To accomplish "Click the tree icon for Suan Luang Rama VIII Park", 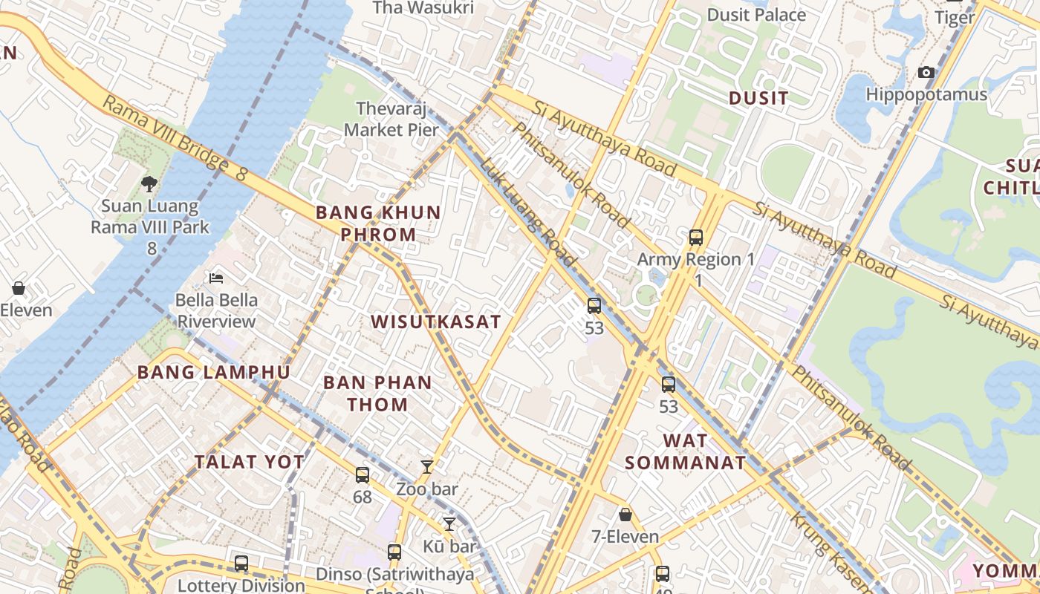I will [149, 183].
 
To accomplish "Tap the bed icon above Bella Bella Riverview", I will [216, 278].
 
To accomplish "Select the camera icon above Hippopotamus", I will [926, 72].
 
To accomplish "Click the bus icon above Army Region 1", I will [695, 238].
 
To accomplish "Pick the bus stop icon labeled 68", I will [362, 474].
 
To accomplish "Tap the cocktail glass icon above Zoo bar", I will [426, 467].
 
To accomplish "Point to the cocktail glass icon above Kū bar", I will [449, 524].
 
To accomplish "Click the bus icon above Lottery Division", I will [241, 563].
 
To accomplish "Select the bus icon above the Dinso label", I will [394, 552].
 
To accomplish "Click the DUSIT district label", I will [758, 98].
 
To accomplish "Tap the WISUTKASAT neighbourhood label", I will [436, 322].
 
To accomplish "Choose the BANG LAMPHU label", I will [213, 372].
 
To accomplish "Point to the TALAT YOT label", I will [250, 462].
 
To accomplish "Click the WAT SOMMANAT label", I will [685, 451].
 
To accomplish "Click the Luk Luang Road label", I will [527, 212].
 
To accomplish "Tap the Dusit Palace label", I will [756, 15].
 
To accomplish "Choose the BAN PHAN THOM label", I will [377, 394].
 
